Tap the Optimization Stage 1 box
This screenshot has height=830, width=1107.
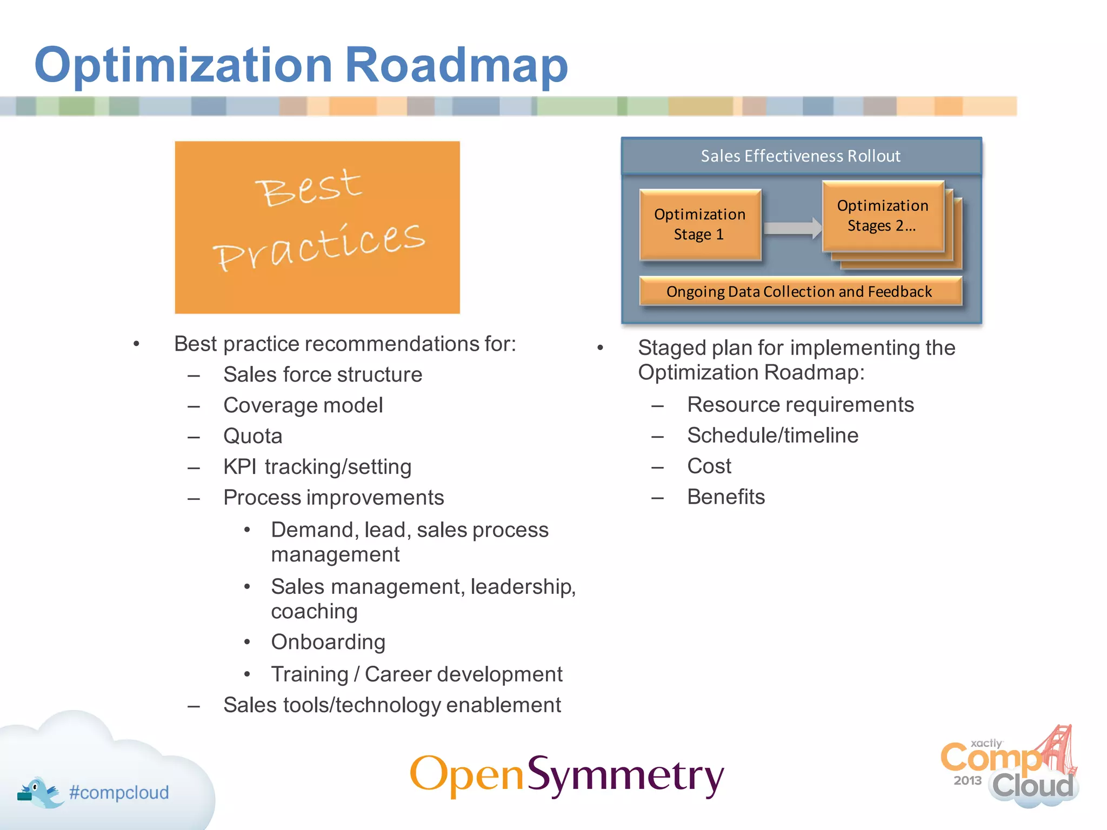click(699, 225)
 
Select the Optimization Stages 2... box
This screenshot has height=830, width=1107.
click(882, 216)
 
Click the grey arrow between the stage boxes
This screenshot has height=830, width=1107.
click(792, 227)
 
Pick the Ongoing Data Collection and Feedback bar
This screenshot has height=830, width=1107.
click(799, 292)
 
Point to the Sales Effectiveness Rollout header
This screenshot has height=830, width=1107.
click(801, 156)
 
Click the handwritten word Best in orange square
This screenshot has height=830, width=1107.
click(309, 187)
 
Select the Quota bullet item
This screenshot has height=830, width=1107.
click(252, 436)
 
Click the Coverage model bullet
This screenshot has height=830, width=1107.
click(303, 405)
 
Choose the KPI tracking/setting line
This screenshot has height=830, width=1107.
click(317, 467)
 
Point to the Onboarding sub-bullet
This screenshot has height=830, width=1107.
click(328, 642)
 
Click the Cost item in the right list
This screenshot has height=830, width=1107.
click(709, 466)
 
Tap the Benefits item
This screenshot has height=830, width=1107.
click(726, 497)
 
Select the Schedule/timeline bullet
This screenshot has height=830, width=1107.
click(772, 436)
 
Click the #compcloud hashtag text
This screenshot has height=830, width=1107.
click(119, 793)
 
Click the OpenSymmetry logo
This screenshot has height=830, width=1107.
click(566, 775)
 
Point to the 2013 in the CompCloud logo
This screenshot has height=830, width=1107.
click(967, 780)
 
